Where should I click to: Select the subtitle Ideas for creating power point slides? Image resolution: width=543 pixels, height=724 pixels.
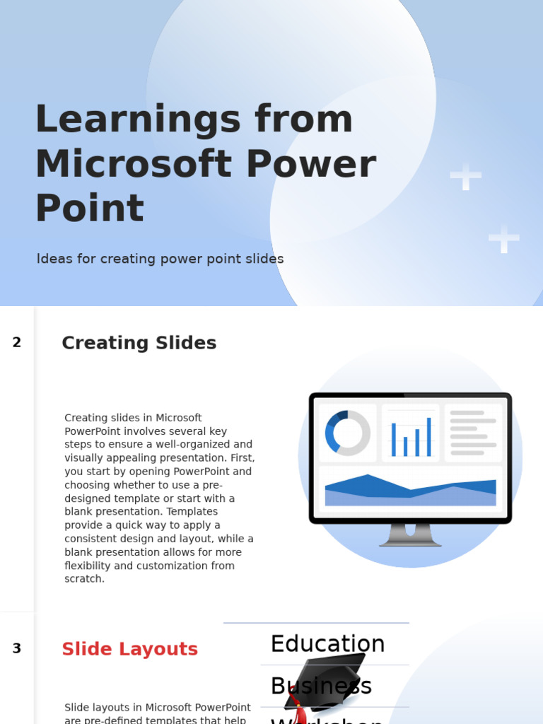[x=160, y=259]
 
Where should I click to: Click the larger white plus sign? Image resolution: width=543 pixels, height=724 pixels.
[x=465, y=177]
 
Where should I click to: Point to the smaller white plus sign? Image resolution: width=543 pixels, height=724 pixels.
[x=503, y=239]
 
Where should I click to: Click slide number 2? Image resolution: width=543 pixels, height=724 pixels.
[x=17, y=342]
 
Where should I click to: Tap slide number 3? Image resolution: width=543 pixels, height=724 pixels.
[x=17, y=648]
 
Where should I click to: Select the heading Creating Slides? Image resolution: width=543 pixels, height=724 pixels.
[x=139, y=343]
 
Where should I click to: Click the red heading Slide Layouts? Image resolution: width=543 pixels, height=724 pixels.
[x=129, y=649]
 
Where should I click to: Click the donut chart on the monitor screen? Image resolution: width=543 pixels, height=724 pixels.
[x=348, y=433]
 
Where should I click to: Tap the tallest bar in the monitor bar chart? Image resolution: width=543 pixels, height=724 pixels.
[x=428, y=436]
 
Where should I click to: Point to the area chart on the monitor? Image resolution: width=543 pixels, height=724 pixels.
[x=410, y=490]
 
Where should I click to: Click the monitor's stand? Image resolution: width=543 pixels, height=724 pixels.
[x=410, y=535]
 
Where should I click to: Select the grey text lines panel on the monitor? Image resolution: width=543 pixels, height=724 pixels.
[x=473, y=432]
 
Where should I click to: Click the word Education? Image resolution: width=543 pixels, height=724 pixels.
[x=327, y=644]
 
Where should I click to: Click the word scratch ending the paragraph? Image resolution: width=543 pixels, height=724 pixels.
[x=84, y=579]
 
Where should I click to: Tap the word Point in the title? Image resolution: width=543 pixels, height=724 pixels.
[x=89, y=210]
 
